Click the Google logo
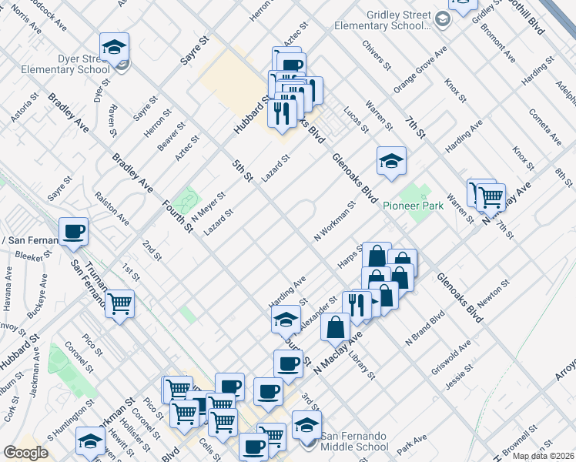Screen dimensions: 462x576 click(x=25, y=453)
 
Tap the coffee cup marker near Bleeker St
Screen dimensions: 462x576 click(x=74, y=232)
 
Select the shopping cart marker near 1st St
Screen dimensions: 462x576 click(x=119, y=303)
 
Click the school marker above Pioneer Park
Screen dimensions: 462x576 click(x=391, y=162)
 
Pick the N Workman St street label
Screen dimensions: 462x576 click(x=333, y=222)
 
